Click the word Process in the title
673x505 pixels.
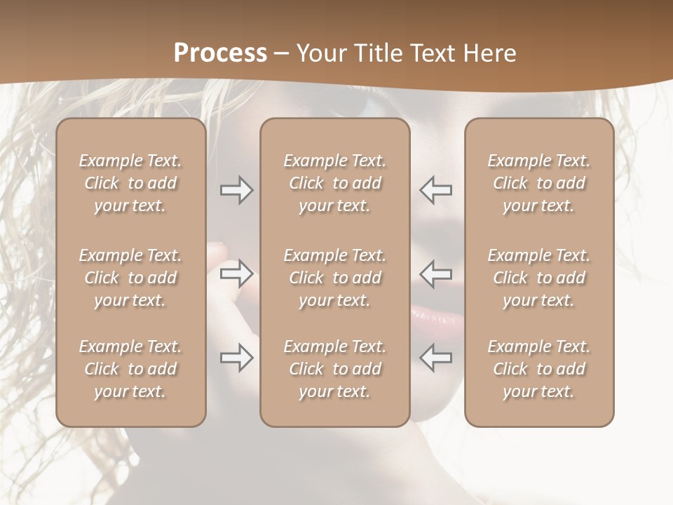tap(220, 53)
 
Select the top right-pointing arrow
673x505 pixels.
tap(236, 190)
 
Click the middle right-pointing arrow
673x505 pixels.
tap(236, 274)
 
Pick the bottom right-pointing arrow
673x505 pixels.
tap(236, 358)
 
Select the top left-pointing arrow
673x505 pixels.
tap(435, 190)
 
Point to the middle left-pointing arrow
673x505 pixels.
tap(435, 274)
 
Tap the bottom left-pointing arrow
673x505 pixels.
tap(435, 358)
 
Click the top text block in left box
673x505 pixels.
tap(130, 183)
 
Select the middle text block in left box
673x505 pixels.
tap(130, 278)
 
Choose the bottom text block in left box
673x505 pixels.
tap(130, 369)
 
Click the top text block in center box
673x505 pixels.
tap(335, 183)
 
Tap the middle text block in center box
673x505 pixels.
tap(335, 278)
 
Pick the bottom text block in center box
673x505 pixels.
tap(335, 369)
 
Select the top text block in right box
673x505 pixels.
tap(539, 183)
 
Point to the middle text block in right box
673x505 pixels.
tap(539, 278)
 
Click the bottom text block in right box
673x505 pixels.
tap(539, 369)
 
